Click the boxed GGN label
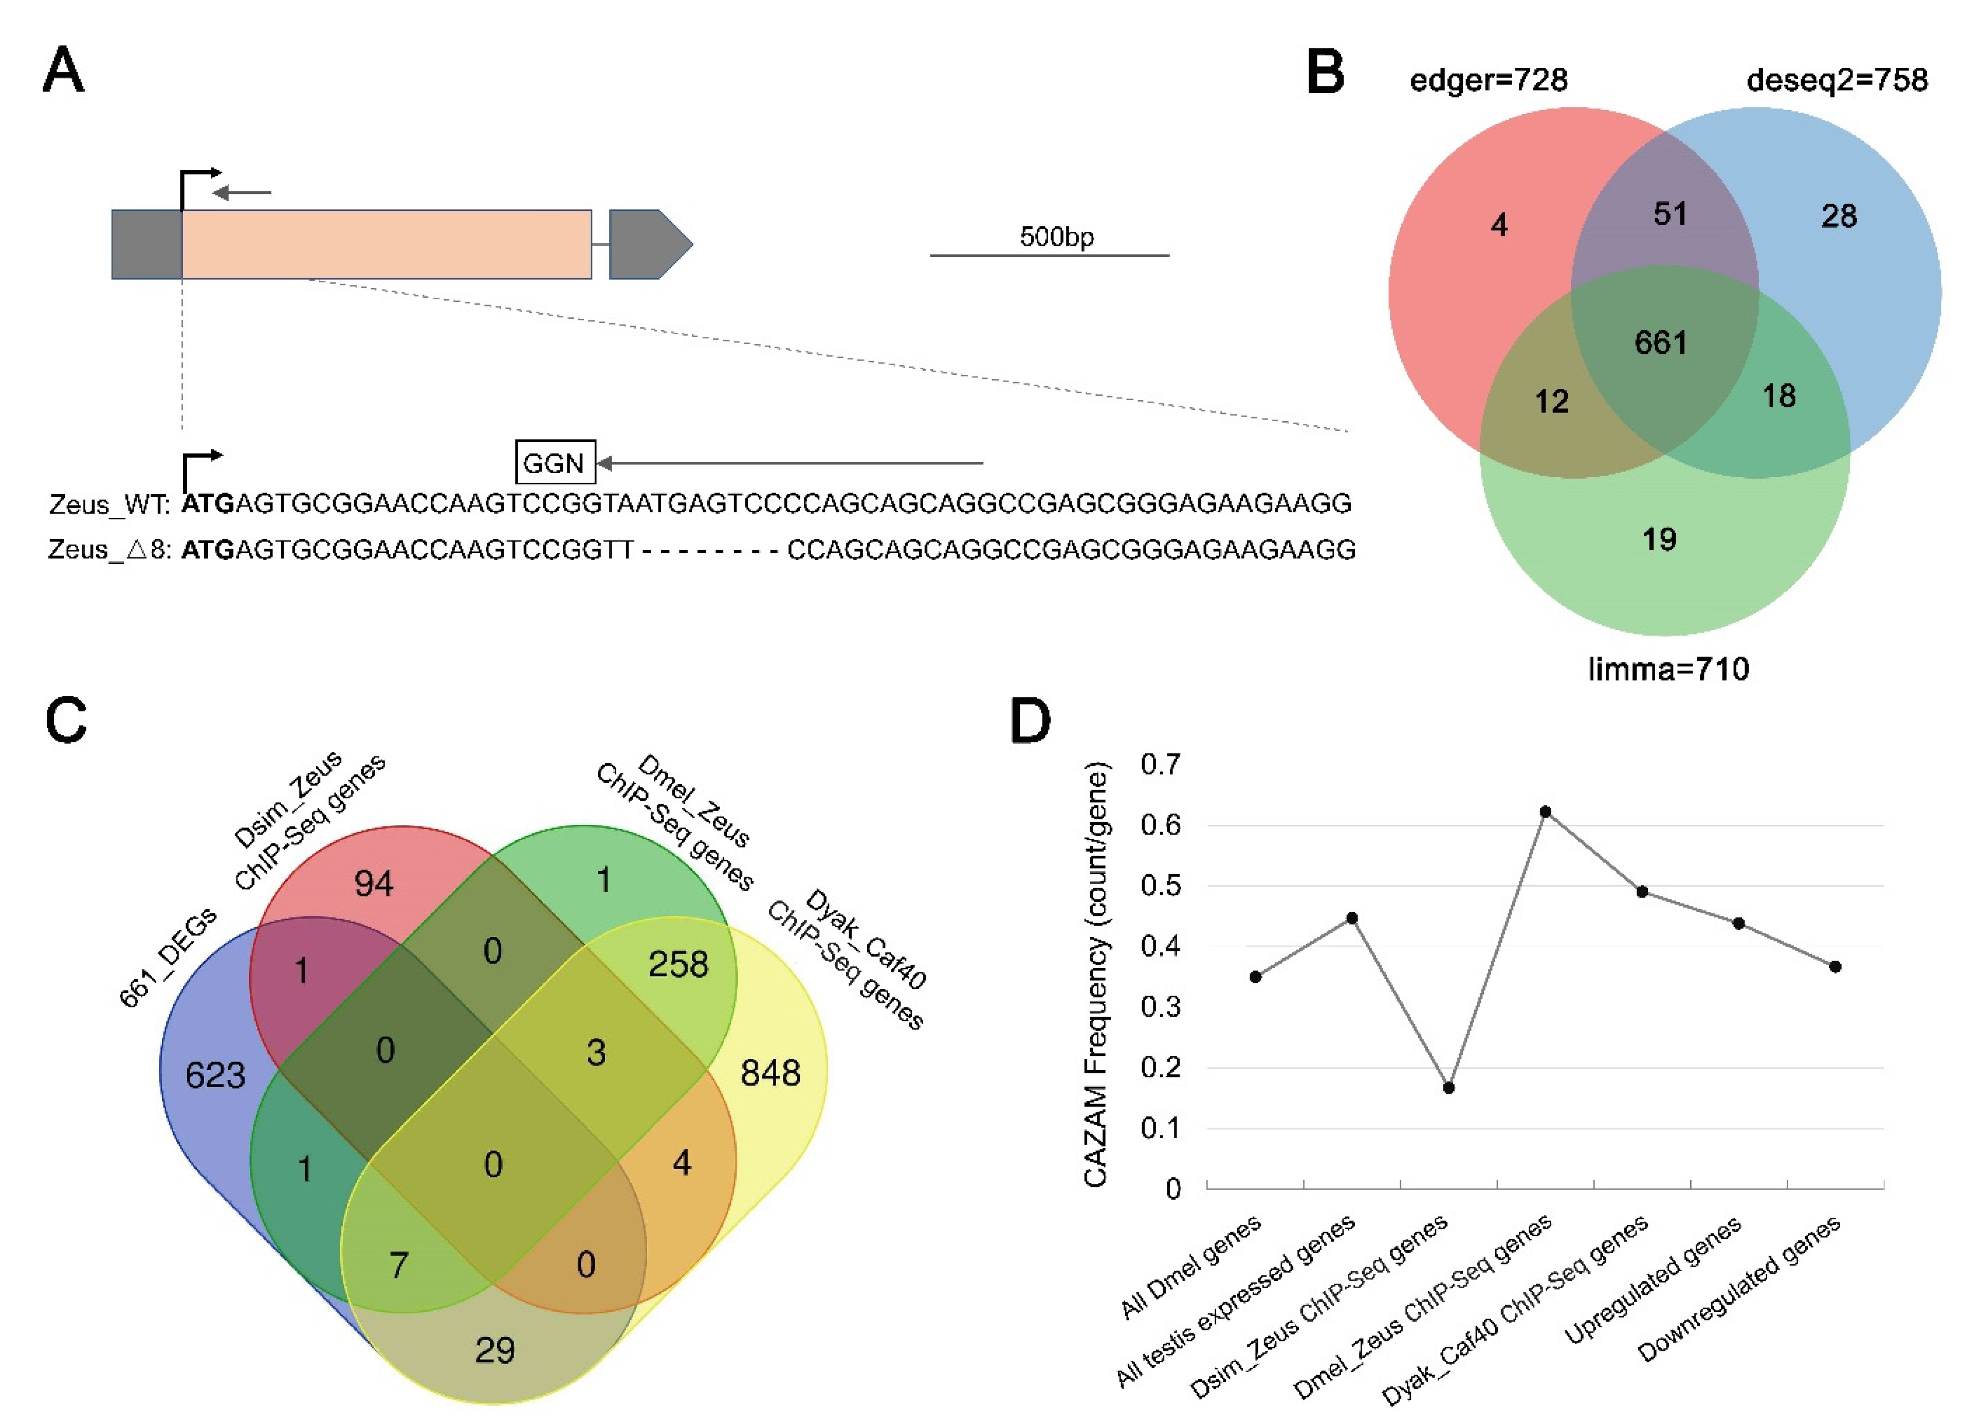555,463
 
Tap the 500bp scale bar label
1056,237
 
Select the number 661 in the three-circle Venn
1660,343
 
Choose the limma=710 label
1668,669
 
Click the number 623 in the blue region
215,1075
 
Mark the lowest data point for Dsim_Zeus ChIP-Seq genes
1448,1087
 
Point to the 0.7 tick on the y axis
1160,765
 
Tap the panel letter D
1030,722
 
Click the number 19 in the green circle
1659,540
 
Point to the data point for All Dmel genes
1255,977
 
